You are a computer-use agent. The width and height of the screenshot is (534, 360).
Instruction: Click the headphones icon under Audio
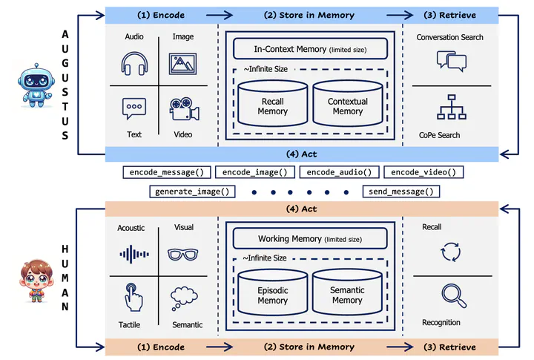point(133,64)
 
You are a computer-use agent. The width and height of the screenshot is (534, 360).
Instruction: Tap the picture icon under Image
point(182,64)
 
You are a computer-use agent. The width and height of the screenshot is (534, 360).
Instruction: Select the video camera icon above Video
point(182,110)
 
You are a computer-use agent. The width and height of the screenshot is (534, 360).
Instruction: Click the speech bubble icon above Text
point(133,108)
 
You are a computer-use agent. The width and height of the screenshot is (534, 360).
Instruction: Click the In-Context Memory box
point(310,49)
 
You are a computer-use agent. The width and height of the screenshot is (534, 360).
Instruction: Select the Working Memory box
point(310,239)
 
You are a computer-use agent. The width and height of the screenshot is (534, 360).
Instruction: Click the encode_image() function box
point(254,172)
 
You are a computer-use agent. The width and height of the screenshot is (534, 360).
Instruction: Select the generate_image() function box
point(191,192)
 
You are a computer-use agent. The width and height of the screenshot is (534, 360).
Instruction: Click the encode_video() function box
point(423,172)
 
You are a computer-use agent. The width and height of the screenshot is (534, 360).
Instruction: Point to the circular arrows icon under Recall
point(450,252)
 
